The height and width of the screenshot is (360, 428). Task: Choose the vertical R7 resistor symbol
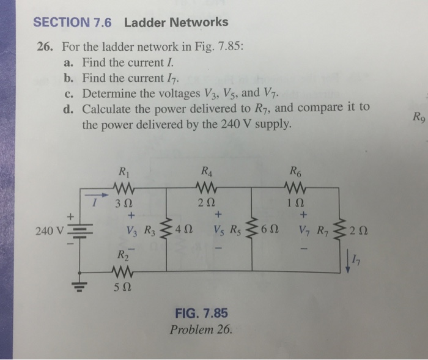(341, 231)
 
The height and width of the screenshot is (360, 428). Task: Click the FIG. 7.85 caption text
(201, 313)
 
